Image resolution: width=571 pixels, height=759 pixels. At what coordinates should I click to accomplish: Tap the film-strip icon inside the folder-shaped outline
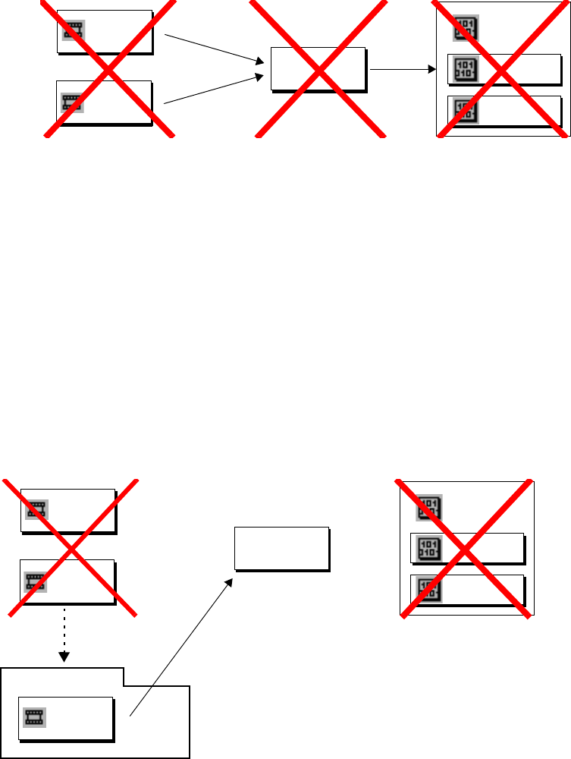(x=34, y=716)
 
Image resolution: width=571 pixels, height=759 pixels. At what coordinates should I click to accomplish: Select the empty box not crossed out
(x=281, y=548)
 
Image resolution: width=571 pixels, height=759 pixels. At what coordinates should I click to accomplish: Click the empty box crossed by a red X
(x=318, y=69)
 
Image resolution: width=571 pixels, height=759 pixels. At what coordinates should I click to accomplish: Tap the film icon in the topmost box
(x=73, y=30)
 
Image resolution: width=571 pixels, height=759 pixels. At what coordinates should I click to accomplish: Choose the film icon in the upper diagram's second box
(x=71, y=102)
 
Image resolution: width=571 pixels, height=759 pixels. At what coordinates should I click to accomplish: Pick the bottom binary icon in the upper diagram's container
(x=463, y=111)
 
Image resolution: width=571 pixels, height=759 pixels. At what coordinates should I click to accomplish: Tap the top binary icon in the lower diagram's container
(x=428, y=507)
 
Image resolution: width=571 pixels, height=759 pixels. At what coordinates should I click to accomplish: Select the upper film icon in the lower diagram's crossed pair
(x=36, y=509)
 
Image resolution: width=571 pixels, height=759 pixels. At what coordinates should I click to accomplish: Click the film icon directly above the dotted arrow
(x=34, y=581)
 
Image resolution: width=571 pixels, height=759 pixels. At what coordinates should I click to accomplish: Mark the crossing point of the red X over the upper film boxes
(x=108, y=69)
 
